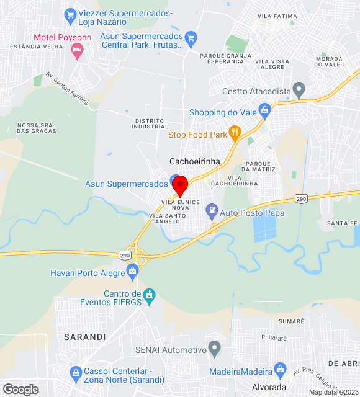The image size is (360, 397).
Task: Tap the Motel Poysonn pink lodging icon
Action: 78,52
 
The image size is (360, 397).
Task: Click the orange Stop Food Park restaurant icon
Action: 234,132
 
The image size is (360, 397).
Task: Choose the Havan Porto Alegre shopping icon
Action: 132,270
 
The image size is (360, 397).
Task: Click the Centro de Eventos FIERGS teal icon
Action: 148,293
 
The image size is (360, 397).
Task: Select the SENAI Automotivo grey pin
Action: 214,348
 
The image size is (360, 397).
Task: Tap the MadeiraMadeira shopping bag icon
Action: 280,370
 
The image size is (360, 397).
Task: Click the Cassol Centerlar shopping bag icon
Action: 76,372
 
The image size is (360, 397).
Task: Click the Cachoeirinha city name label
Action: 195,161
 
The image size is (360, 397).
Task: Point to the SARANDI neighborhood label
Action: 84,336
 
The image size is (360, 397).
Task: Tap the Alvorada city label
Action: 269,387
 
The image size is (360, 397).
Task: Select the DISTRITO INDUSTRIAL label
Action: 150,123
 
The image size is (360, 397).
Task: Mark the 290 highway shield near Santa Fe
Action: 301,198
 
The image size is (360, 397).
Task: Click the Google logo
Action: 20,389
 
